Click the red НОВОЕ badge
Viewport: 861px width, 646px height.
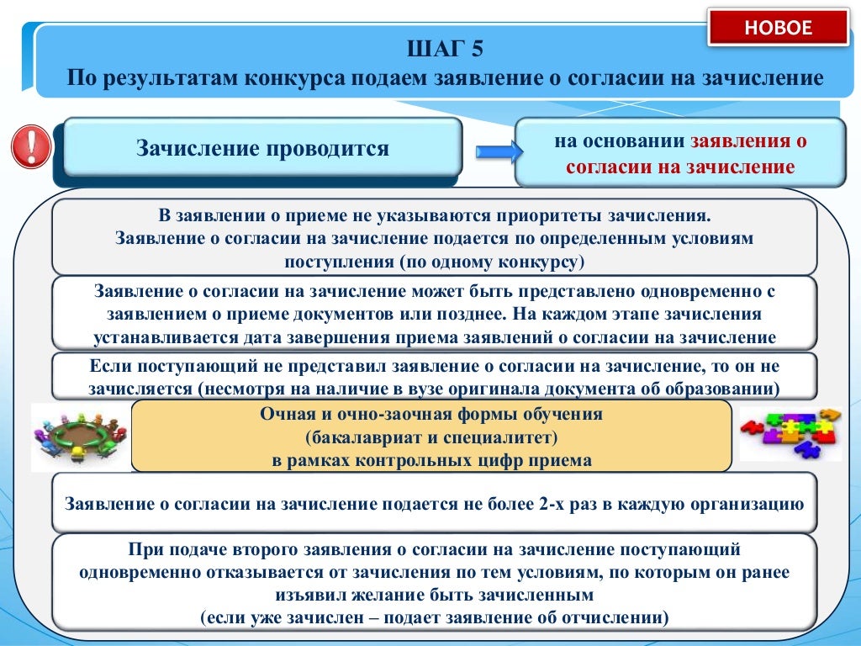pyautogui.click(x=779, y=28)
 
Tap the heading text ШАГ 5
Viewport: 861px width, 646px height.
pyautogui.click(x=445, y=49)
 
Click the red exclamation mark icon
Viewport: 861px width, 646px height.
pyautogui.click(x=31, y=146)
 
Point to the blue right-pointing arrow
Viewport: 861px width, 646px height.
pyautogui.click(x=494, y=151)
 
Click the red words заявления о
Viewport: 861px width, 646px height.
pyautogui.click(x=748, y=141)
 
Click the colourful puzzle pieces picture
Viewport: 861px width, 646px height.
pyautogui.click(x=790, y=433)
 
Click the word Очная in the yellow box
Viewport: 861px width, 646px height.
pyautogui.click(x=286, y=414)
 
